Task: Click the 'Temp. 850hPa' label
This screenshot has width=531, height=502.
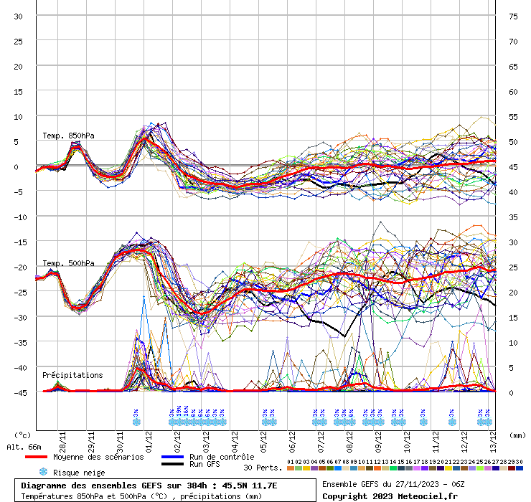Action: [x=68, y=136]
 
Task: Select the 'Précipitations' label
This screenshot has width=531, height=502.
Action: [x=72, y=375]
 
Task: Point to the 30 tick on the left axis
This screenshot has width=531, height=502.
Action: [x=19, y=16]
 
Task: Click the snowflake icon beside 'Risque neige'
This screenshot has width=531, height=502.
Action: [x=43, y=472]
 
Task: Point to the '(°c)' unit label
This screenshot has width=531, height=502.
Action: [x=24, y=435]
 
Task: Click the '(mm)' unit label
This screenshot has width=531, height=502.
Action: [x=516, y=435]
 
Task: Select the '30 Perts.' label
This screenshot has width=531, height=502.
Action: [x=261, y=468]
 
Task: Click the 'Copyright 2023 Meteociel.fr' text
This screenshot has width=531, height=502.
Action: [x=390, y=496]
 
